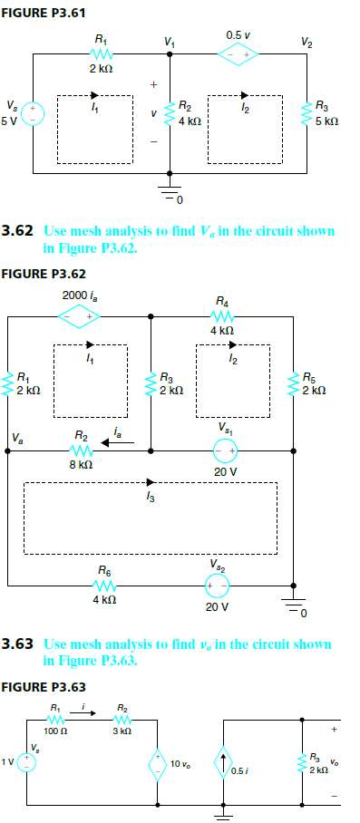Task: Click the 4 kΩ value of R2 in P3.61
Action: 191,120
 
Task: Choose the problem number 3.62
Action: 17,231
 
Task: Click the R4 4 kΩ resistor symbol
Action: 222,316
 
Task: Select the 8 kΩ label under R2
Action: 81,463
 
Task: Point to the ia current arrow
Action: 119,442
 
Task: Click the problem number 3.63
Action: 17,644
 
